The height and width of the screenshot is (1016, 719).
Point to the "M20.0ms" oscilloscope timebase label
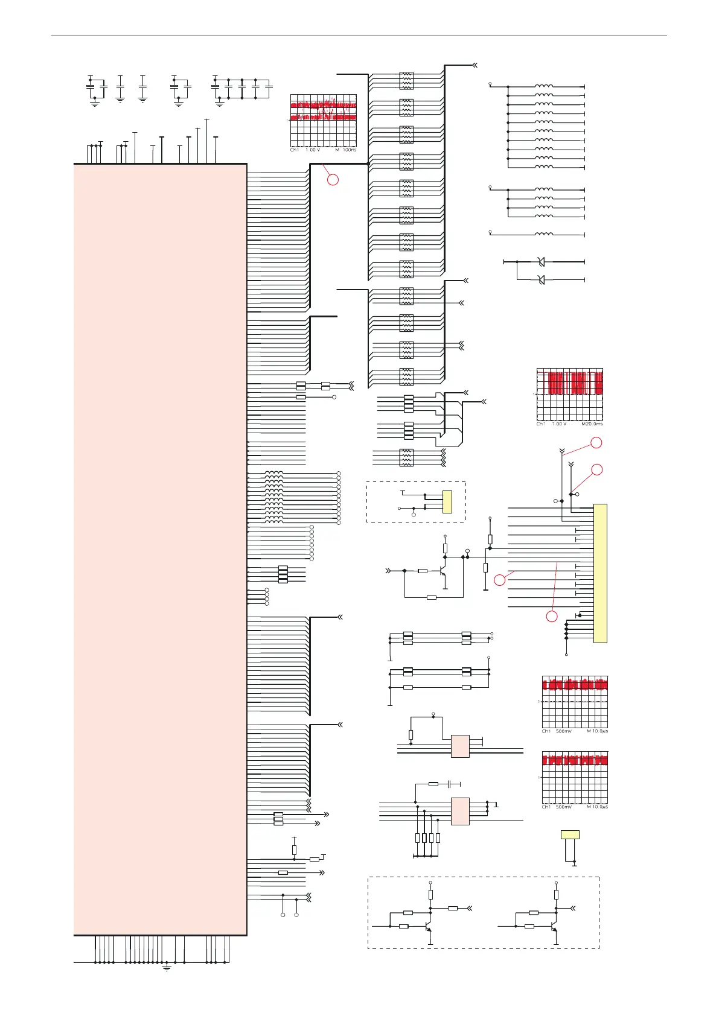point(592,424)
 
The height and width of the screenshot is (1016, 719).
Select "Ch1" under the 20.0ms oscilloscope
point(542,424)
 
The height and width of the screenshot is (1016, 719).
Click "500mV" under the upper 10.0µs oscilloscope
point(564,731)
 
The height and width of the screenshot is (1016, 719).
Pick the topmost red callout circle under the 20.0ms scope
point(596,443)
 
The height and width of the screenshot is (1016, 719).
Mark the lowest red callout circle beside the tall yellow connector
point(552,616)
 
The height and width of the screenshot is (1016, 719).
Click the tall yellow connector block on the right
point(600,573)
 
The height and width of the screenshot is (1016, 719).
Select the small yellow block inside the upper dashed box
point(447,502)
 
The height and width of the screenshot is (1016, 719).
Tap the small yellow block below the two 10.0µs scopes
point(570,835)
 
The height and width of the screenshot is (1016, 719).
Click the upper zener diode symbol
point(541,262)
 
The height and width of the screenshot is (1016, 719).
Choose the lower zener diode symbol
point(541,279)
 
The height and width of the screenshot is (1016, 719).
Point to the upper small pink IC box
point(460,746)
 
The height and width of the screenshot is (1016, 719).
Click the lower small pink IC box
point(460,811)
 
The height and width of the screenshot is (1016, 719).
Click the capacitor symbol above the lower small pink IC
point(450,784)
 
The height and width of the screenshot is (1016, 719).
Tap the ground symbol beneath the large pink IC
point(167,968)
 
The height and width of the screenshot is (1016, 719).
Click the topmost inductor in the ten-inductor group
point(543,86)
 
